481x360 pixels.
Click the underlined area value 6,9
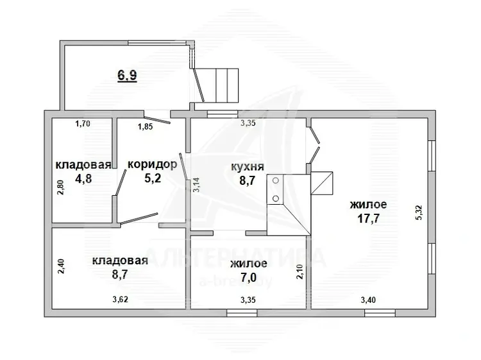[128, 76]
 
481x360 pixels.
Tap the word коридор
[152, 165]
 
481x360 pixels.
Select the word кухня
[248, 167]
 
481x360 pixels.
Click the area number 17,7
[368, 219]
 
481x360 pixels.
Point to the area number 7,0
[248, 277]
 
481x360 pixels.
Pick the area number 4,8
[83, 178]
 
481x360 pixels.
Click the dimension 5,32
[419, 212]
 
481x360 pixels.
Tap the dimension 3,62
[121, 300]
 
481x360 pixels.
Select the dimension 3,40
[368, 300]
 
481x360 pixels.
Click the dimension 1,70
[83, 124]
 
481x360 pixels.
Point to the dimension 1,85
[145, 126]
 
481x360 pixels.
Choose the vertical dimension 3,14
[196, 185]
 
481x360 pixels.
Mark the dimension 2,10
[300, 271]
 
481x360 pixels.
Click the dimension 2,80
[61, 187]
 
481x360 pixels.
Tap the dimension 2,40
[61, 266]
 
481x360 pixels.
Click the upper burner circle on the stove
[276, 180]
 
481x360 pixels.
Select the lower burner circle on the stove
[276, 199]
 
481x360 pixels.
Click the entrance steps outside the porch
[227, 85]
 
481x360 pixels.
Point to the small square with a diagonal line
[322, 184]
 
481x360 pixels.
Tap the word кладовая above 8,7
[120, 261]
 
